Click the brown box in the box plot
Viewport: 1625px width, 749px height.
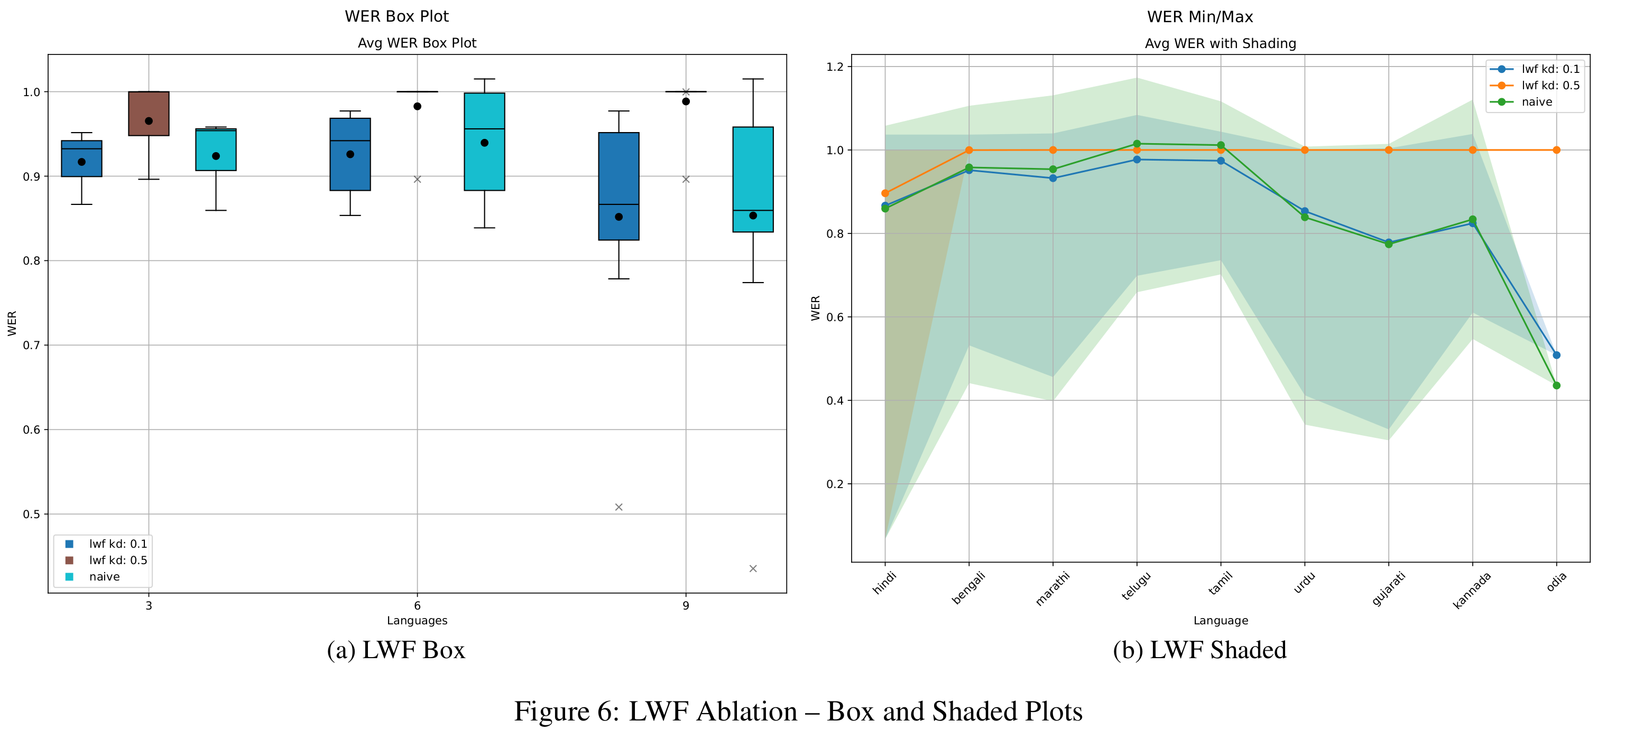tap(149, 114)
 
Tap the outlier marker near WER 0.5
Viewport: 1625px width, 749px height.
tap(619, 507)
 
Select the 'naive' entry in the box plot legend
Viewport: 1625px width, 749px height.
tap(104, 576)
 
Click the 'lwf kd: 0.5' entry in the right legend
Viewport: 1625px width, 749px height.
tap(1550, 86)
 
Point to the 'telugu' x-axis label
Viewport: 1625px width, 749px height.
tap(1136, 586)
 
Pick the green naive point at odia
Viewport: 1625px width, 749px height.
tap(1556, 385)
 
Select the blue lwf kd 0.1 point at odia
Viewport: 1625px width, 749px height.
tap(1556, 355)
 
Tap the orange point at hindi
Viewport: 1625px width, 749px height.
tap(885, 193)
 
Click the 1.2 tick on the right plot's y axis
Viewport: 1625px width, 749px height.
tap(835, 67)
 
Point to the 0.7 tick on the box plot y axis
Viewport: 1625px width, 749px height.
tap(32, 345)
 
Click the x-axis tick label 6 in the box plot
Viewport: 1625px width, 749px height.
tap(417, 605)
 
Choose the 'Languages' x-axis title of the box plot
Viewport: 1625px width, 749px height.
tap(417, 621)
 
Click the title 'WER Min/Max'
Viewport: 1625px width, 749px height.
tap(1200, 17)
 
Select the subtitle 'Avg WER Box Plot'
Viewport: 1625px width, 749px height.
tap(417, 43)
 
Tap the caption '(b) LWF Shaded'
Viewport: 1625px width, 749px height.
tap(1199, 650)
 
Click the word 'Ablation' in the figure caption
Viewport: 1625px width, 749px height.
tap(747, 711)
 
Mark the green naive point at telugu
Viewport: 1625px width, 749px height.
tap(1137, 144)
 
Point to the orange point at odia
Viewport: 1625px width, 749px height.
tap(1556, 150)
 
